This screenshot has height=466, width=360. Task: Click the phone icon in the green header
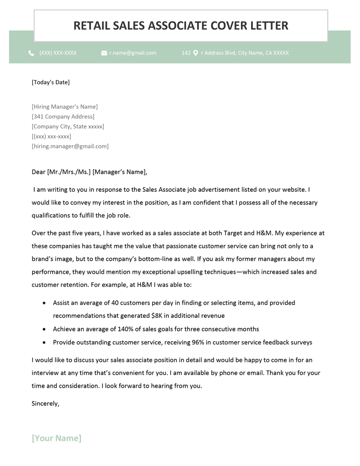point(31,53)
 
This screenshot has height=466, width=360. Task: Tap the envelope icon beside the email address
point(104,53)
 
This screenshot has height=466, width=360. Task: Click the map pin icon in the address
point(196,53)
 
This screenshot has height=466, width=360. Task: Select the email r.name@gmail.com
point(133,53)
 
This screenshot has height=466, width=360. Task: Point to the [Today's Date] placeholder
point(50,82)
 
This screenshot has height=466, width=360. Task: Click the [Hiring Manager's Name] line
point(64,107)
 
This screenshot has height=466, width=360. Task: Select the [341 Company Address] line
point(63,117)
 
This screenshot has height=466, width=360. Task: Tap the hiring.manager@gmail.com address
point(70,146)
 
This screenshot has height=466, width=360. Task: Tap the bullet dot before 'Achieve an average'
point(44,329)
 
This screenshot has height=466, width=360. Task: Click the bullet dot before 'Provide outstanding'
point(44,342)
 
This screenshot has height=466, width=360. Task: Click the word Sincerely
point(45,403)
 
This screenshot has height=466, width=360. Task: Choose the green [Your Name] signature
point(56,438)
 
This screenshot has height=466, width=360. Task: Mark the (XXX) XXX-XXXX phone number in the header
point(58,53)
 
